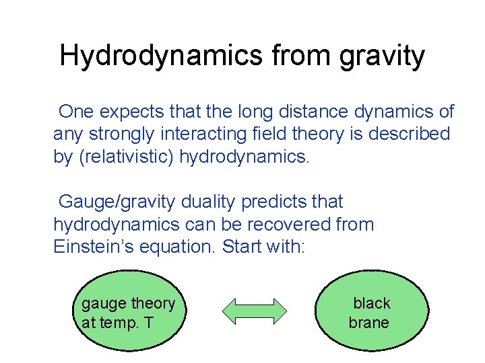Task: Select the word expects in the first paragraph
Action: [129, 112]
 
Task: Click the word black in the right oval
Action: [372, 303]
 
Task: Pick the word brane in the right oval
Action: [368, 323]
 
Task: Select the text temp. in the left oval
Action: [118, 323]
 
